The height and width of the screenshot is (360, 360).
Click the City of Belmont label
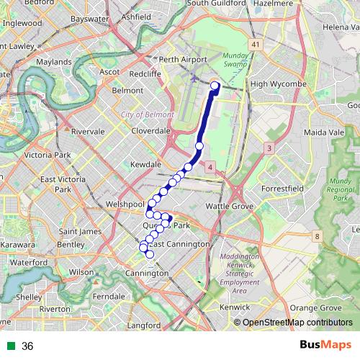point(148,114)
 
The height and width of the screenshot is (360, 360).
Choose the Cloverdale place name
point(150,131)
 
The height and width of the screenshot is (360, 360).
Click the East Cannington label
point(179,244)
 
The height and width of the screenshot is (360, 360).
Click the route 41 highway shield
point(256,45)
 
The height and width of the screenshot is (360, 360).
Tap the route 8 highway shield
point(317,236)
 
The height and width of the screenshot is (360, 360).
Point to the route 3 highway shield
point(269,148)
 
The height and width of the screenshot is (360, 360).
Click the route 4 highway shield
point(210,168)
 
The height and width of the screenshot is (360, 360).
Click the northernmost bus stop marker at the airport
point(215,86)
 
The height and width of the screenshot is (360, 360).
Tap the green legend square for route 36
point(11,346)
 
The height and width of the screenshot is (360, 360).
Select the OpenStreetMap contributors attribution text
point(297,323)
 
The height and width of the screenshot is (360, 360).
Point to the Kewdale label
point(146,165)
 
